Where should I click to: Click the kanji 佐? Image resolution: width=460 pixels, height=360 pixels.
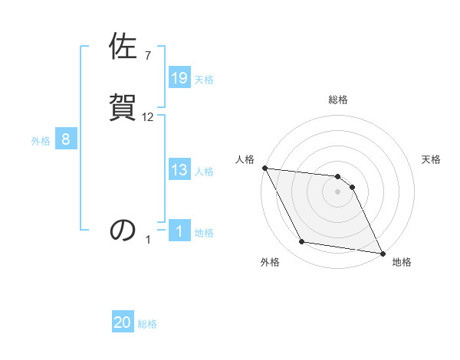[x=123, y=47]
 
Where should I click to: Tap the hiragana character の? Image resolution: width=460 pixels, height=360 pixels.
[x=123, y=230]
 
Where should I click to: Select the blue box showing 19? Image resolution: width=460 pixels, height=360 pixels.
[x=179, y=78]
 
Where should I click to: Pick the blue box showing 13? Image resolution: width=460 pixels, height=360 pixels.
[x=179, y=170]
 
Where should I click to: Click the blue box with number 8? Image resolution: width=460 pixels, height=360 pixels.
[x=66, y=139]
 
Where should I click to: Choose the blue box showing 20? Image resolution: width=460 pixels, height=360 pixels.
[x=123, y=323]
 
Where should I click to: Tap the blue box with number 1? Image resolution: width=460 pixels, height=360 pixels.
[x=179, y=231]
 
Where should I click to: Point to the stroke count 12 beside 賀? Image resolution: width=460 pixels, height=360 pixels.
[x=148, y=116]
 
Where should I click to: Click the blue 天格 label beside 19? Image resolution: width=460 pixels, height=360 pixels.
[x=204, y=80]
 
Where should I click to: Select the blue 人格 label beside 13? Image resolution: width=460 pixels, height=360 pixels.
[x=204, y=172]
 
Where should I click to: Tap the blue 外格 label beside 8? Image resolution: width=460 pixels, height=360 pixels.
[x=41, y=141]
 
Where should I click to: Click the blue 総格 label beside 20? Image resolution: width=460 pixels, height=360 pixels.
[x=147, y=325]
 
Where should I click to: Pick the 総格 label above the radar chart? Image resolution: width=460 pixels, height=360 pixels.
[x=337, y=100]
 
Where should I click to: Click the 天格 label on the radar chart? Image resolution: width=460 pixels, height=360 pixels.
[x=432, y=159]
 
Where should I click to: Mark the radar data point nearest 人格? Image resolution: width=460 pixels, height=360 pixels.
[x=264, y=168]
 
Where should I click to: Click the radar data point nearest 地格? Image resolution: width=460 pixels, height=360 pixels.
[x=382, y=252]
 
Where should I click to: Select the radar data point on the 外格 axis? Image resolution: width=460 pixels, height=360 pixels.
[x=302, y=242]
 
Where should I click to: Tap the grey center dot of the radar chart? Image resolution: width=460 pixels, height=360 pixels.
[x=337, y=191]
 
